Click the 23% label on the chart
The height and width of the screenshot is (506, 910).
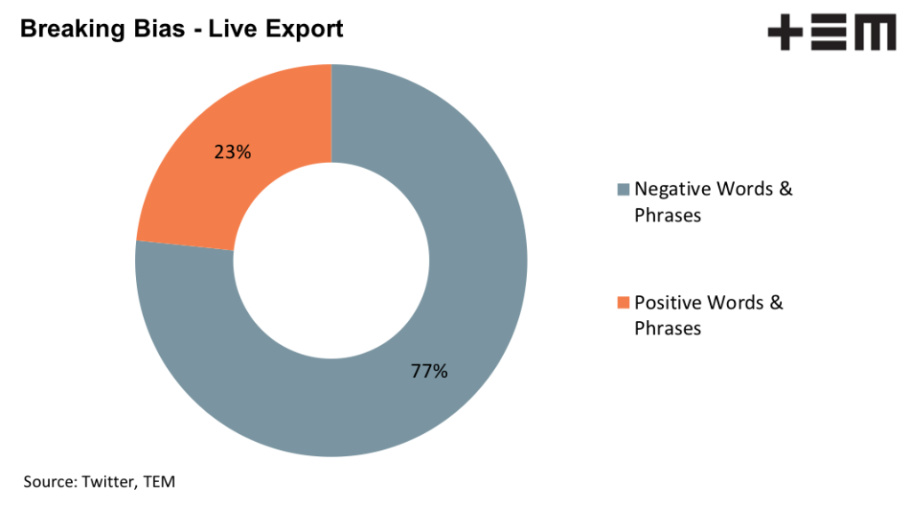pos(233,152)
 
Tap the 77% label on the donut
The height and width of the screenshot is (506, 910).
pos(429,372)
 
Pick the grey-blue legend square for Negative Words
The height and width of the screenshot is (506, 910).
pos(623,189)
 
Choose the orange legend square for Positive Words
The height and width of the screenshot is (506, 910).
pos(623,302)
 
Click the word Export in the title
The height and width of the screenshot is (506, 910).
pos(301,29)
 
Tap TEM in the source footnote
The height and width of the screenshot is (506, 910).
pos(162,481)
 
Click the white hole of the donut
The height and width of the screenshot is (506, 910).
pos(331,260)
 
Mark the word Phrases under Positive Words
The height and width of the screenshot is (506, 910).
pos(667,328)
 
